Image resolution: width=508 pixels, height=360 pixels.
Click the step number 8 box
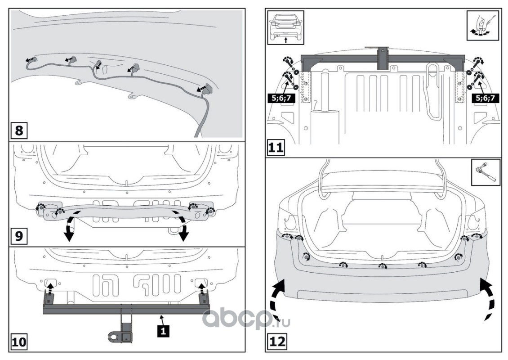[x=19, y=131]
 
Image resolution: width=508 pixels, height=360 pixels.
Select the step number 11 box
[x=276, y=148]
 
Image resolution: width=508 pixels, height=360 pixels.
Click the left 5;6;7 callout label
[x=282, y=97]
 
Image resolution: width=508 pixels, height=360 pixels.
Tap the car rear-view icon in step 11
[x=286, y=27]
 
